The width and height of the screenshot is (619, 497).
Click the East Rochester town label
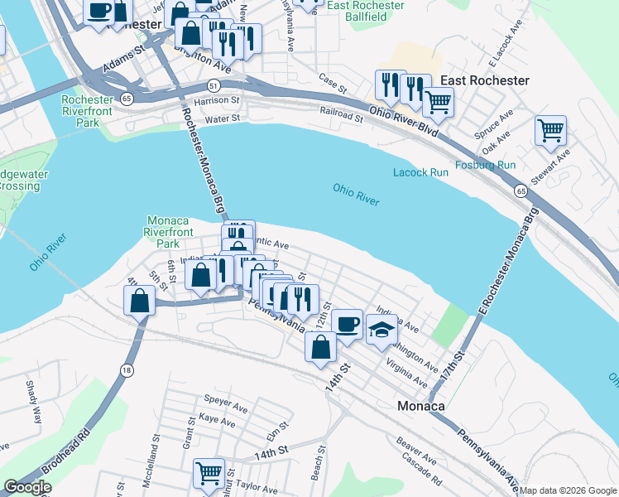pyautogui.click(x=485, y=80)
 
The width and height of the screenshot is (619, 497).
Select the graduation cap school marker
pyautogui.click(x=381, y=330)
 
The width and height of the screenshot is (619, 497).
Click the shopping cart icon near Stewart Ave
pyautogui.click(x=550, y=130)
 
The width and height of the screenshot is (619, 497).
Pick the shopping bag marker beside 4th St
pyautogui.click(x=139, y=300)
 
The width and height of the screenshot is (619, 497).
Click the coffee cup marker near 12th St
pyautogui.click(x=348, y=323)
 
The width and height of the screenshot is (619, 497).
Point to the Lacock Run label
pyautogui.click(x=420, y=172)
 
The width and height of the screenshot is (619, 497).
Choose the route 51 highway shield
pyautogui.click(x=214, y=84)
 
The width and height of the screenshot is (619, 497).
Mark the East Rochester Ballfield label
pyautogui.click(x=365, y=11)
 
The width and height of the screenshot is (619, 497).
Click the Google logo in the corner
pyautogui.click(x=28, y=488)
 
